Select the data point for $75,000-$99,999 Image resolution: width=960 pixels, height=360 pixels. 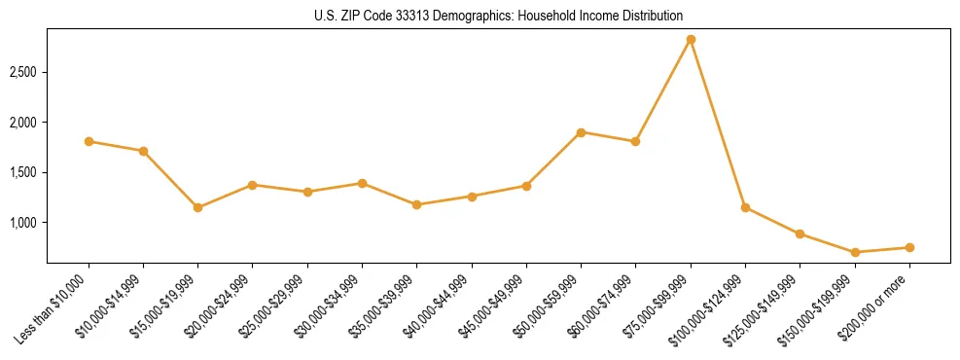691,40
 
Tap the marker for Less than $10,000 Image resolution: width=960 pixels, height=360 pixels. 89,141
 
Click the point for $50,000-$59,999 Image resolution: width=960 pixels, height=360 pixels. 581,132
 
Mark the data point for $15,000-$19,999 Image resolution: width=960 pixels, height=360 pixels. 197,207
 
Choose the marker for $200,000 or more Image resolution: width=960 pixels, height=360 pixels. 909,247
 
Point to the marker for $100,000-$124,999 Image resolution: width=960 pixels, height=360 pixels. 745,207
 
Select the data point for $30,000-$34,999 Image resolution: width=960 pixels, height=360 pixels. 362,183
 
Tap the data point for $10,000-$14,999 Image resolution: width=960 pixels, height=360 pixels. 143,151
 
